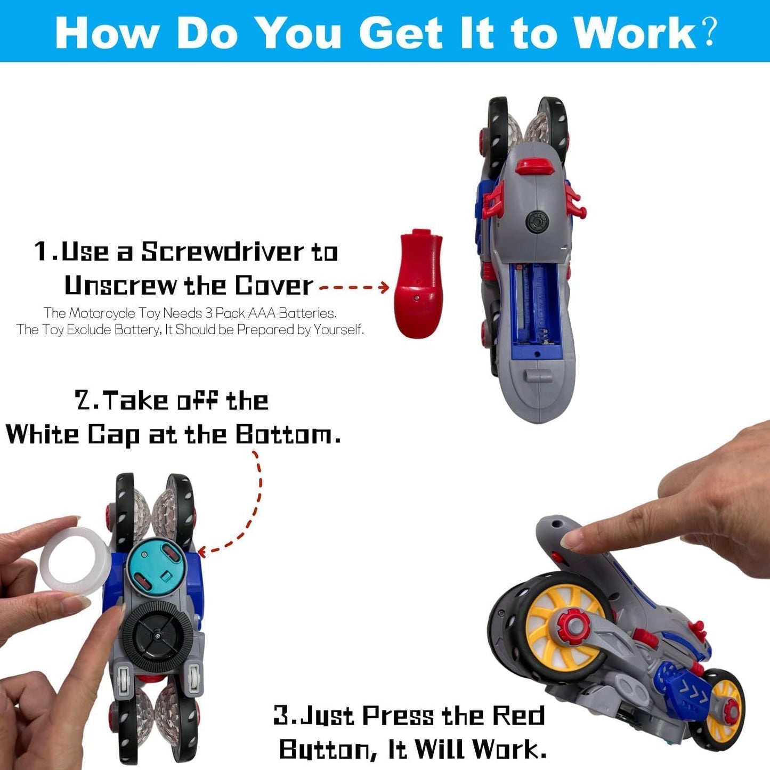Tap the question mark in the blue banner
(x=709, y=32)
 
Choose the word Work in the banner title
(x=635, y=33)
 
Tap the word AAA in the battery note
(x=262, y=313)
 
